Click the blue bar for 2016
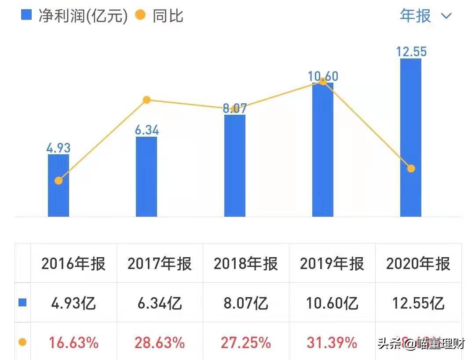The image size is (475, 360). [58, 193]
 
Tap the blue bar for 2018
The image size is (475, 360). [235, 167]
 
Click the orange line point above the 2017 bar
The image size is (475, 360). [147, 100]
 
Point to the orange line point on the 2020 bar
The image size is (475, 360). [411, 168]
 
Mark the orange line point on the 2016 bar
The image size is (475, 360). [58, 181]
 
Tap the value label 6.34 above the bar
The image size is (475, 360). [146, 130]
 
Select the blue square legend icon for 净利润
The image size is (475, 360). [27, 15]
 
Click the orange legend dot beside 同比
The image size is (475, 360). [140, 15]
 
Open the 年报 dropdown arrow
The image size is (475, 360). [446, 16]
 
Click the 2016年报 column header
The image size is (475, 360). [73, 264]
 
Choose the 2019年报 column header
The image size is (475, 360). [332, 264]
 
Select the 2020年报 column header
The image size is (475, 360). [418, 264]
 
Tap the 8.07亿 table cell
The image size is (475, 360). [246, 303]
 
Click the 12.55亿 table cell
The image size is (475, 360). [418, 303]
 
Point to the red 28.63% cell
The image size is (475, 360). [160, 342]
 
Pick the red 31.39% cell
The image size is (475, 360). [332, 342]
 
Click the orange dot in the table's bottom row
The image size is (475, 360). [22, 342]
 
